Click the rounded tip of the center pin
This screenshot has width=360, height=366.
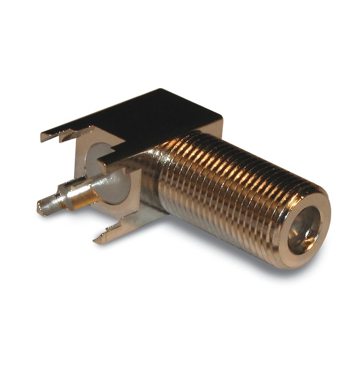click(x=41, y=208)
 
